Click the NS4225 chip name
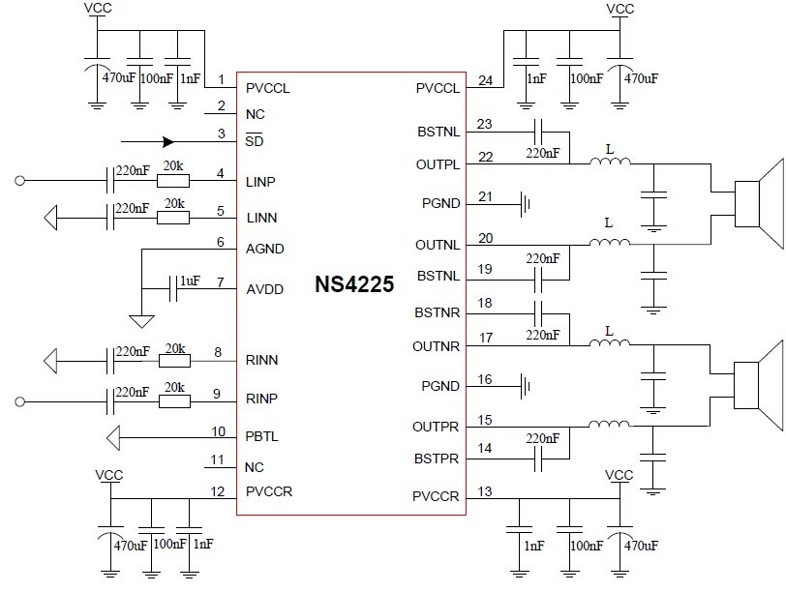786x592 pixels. pos(353,286)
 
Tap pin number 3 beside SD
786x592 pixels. pos(221,133)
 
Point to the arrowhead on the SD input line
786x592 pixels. pos(168,141)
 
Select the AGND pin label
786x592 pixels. pos(264,249)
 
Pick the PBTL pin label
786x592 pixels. pos(262,437)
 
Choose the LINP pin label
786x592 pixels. pos(262,181)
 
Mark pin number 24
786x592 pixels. pos(485,80)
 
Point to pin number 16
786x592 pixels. pos(485,380)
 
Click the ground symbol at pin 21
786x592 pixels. pos(527,204)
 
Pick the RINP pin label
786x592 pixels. pos(262,399)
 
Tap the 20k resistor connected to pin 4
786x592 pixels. pos(174,180)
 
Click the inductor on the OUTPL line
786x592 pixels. pos(609,163)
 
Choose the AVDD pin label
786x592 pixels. pos(264,287)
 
